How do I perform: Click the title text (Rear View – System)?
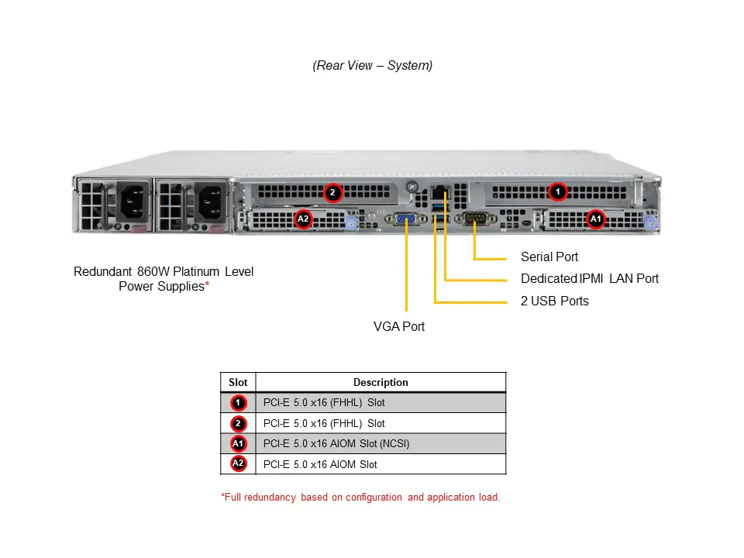(x=373, y=66)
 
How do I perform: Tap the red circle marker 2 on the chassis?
(x=332, y=192)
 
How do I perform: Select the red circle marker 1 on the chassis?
(x=556, y=191)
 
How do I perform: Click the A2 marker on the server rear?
(x=303, y=219)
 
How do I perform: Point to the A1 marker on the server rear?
(x=595, y=219)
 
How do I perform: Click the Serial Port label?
(x=549, y=257)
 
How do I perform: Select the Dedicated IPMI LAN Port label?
(x=589, y=279)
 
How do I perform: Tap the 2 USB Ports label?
(x=554, y=301)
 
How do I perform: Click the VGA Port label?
(x=399, y=326)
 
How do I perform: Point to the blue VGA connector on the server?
(x=405, y=220)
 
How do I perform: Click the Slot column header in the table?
(x=238, y=382)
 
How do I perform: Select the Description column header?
(x=381, y=382)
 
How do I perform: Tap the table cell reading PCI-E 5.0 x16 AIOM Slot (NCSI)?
(x=336, y=444)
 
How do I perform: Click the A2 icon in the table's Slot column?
(x=238, y=464)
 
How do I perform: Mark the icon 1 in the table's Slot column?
(x=238, y=403)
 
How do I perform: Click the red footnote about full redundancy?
(x=360, y=497)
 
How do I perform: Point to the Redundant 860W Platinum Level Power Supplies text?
(x=164, y=279)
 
